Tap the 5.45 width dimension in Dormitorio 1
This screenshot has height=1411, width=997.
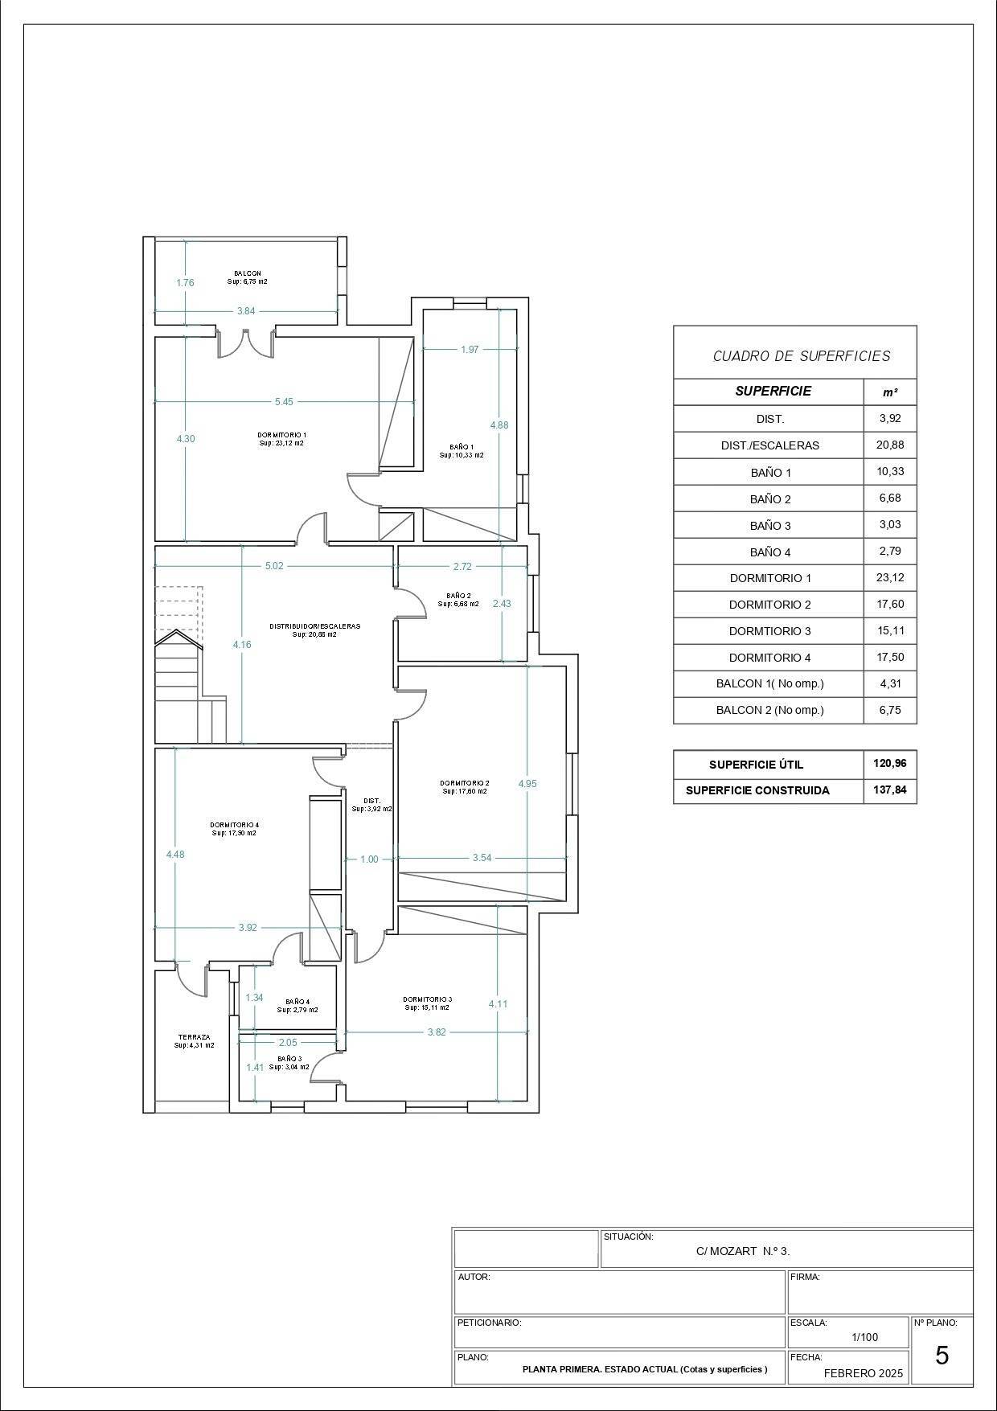(284, 401)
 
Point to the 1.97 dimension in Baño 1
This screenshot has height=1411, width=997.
(470, 349)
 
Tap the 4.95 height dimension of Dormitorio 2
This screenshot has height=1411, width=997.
(527, 783)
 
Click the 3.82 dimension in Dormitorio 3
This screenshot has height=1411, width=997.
(437, 1032)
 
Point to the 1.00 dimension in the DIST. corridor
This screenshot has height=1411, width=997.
(369, 859)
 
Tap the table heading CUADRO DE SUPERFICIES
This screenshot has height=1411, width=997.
(802, 355)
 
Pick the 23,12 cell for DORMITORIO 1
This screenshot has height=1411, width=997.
(890, 577)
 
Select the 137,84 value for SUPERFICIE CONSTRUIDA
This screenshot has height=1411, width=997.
(890, 790)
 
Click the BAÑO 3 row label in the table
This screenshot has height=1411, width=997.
(770, 526)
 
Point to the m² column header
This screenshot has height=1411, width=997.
(890, 392)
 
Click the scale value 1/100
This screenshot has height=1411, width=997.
(865, 1337)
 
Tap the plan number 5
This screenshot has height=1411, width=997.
(942, 1356)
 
